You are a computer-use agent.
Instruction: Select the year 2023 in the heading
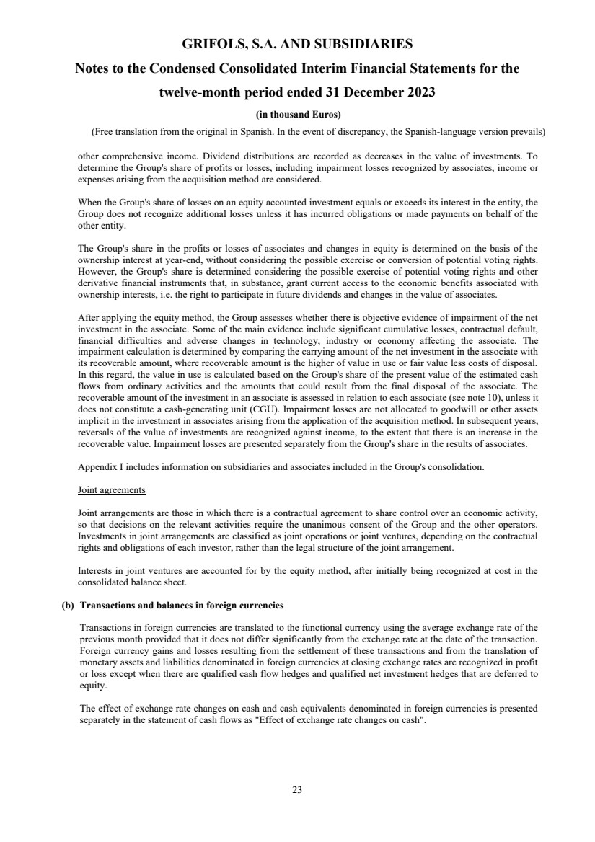pyautogui.click(x=416, y=93)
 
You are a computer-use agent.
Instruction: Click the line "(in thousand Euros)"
pyautogui.click(x=297, y=115)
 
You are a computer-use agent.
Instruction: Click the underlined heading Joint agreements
pyautogui.click(x=111, y=490)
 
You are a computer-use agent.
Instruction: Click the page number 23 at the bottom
pyautogui.click(x=297, y=789)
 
